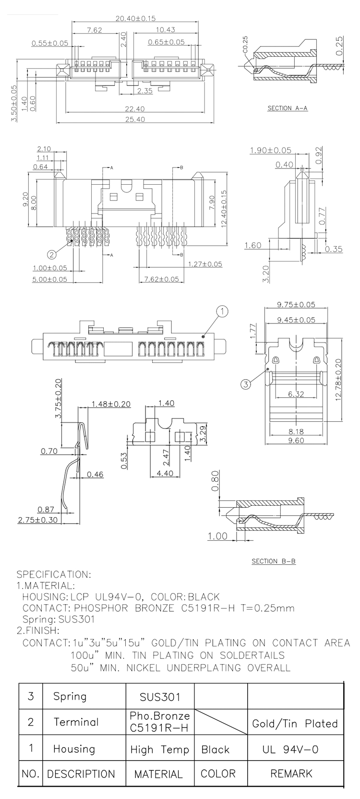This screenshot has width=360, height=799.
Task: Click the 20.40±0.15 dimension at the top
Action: tap(135, 18)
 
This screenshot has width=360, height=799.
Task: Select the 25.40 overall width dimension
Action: tap(135, 119)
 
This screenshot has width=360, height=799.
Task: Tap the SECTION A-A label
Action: tap(287, 108)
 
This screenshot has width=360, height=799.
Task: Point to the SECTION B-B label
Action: tap(274, 561)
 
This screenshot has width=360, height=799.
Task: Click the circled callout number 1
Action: tap(222, 311)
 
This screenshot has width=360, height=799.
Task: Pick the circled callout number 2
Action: tap(52, 254)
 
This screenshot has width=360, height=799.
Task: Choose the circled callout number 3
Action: tap(245, 384)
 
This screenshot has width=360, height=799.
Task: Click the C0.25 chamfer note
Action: tap(245, 45)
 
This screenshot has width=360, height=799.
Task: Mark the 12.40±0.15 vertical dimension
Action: tap(224, 209)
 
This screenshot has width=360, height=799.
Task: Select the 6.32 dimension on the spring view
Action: tap(296, 394)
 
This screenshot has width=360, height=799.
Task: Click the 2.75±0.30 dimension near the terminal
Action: tap(38, 520)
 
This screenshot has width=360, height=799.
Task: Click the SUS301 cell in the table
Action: tap(160, 697)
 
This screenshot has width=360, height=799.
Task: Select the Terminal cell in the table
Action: tap(76, 722)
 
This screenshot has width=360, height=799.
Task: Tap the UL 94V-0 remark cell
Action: tap(290, 750)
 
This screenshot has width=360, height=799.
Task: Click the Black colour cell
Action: tap(215, 750)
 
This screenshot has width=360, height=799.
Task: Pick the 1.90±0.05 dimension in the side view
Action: tap(270, 150)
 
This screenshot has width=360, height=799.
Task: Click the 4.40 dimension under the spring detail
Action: tap(165, 473)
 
